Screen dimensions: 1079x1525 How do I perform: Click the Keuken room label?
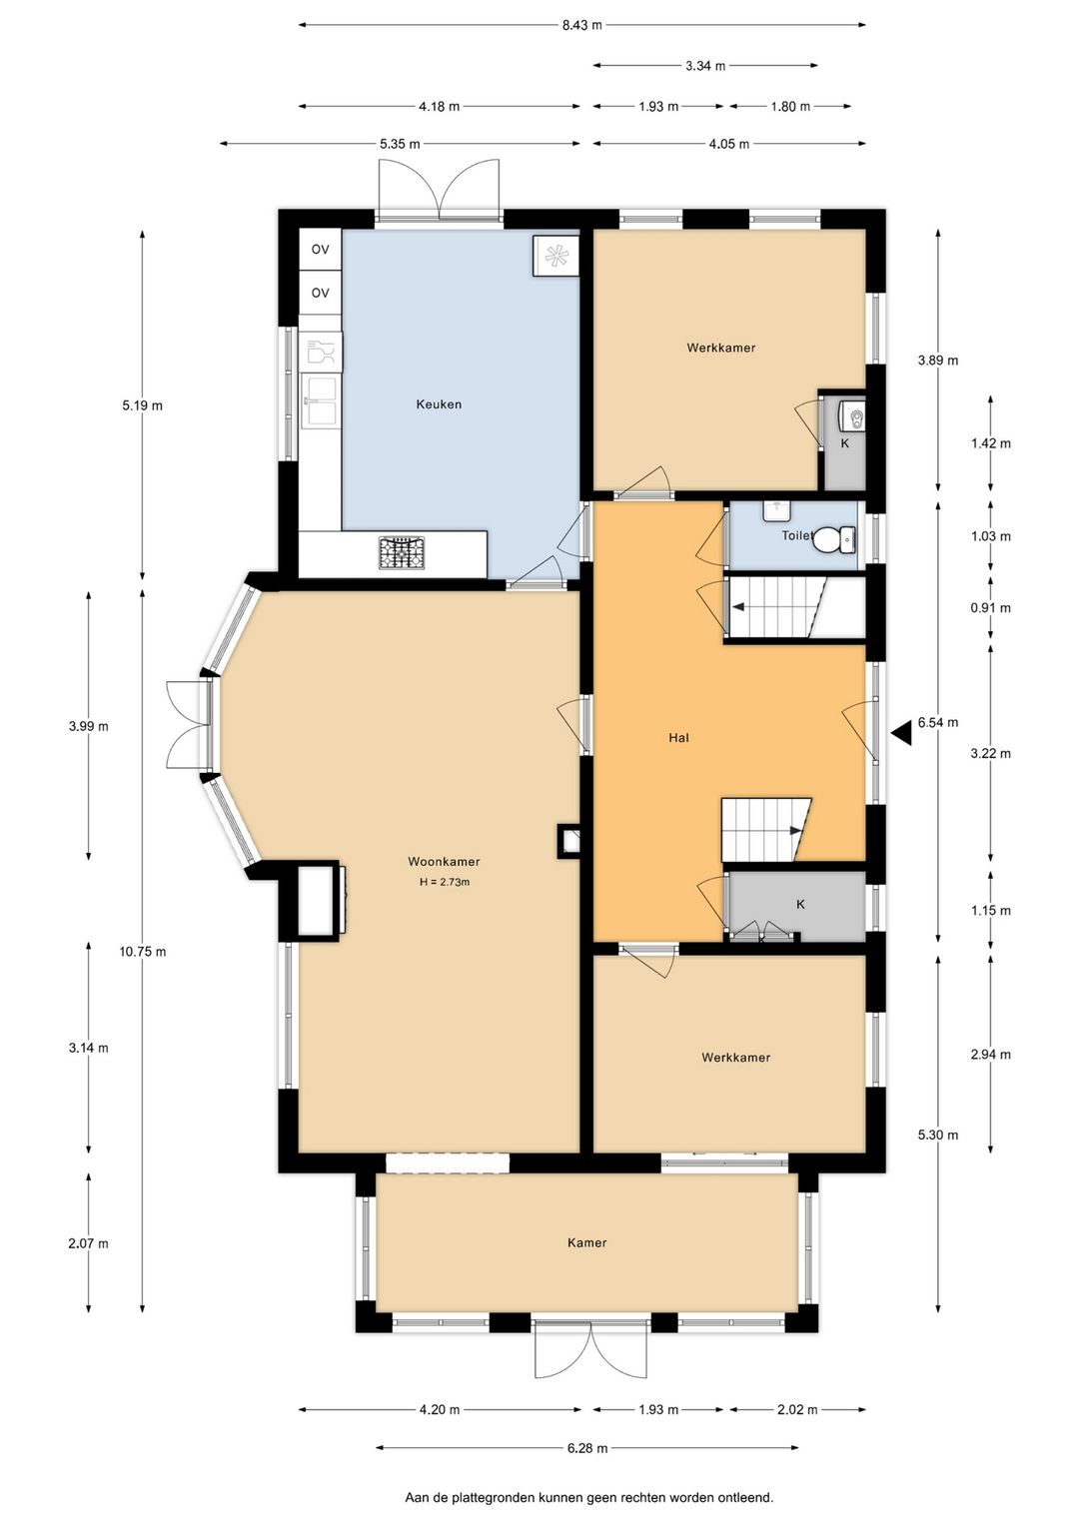439,404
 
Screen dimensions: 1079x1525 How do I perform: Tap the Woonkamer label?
444,861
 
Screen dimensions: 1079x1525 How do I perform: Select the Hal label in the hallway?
678,737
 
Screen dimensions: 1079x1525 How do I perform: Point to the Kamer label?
586,1242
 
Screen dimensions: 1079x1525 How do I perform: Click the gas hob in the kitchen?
402,552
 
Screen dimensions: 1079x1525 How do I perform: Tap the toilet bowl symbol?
834,539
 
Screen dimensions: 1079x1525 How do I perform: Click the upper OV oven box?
320,250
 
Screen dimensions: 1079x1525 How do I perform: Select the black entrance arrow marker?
901,733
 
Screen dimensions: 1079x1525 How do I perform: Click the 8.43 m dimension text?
581,25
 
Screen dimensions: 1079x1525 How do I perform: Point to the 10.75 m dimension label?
142,952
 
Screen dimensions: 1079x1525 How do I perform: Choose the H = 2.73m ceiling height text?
445,882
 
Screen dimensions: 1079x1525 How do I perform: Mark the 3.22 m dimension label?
990,754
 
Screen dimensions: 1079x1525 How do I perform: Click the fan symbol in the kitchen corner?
556,256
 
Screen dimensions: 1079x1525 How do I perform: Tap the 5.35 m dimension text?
400,144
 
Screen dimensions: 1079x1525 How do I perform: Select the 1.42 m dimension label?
990,443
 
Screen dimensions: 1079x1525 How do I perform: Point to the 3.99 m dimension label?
88,726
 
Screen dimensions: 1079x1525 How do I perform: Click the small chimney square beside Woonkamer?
568,842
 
